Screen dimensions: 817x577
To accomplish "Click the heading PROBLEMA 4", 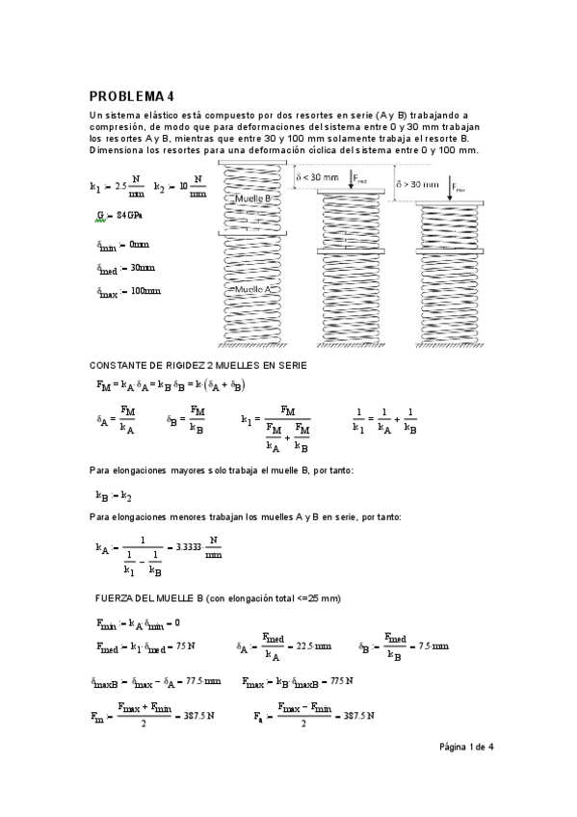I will pos(131,96).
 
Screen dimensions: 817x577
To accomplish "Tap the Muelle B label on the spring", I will pos(252,198).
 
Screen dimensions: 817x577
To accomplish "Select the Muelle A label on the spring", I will pos(252,288).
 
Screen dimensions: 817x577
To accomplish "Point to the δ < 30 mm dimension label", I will pos(317,178).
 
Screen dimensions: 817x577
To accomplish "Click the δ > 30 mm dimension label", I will pos(417,184).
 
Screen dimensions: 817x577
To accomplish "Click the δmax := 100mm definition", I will pos(128,292).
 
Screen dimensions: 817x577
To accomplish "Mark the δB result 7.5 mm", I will pos(433,647).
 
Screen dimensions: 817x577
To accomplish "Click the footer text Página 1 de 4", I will pos(467,747).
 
